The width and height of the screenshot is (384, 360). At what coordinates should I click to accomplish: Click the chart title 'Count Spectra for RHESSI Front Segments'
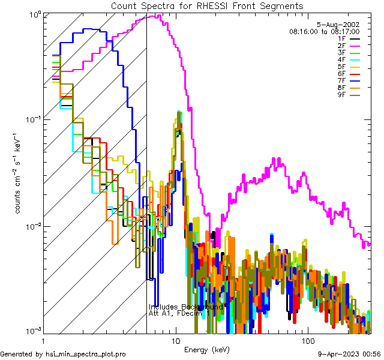(x=207, y=6)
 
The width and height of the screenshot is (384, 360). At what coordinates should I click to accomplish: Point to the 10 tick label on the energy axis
(x=175, y=340)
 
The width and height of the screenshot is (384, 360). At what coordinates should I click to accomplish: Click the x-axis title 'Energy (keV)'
(x=206, y=349)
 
